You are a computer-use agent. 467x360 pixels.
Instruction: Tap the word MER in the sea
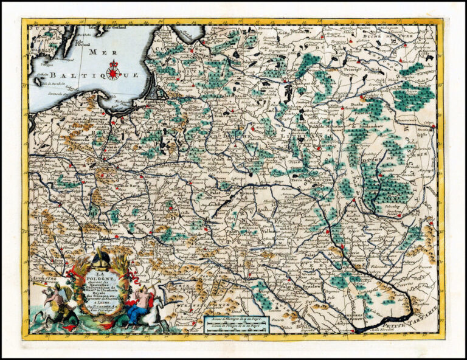click(x=97, y=52)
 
